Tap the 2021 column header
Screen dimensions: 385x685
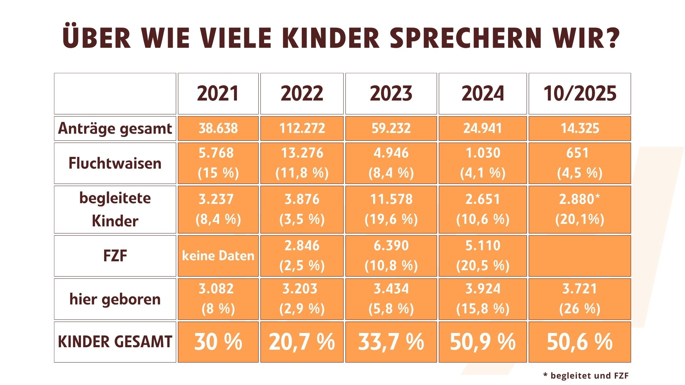pyautogui.click(x=218, y=94)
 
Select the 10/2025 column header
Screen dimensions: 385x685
pyautogui.click(x=580, y=94)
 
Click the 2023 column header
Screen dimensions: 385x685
pyautogui.click(x=391, y=94)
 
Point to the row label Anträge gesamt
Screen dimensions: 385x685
pyautogui.click(x=115, y=128)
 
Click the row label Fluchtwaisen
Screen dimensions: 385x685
pyautogui.click(x=115, y=163)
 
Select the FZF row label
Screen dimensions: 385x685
pyautogui.click(x=115, y=256)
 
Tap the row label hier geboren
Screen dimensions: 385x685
pyautogui.click(x=115, y=299)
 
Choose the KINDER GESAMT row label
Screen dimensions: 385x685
pyautogui.click(x=115, y=342)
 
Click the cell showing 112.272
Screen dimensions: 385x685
pyautogui.click(x=302, y=128)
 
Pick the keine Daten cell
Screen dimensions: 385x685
pyautogui.click(x=218, y=256)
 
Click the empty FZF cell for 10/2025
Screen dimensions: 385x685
pyautogui.click(x=580, y=256)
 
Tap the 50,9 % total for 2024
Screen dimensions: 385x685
pyautogui.click(x=483, y=342)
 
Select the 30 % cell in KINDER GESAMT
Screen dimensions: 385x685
pyautogui.click(x=218, y=342)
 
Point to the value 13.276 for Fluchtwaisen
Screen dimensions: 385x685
pyautogui.click(x=302, y=153)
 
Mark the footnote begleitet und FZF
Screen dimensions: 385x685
pyautogui.click(x=586, y=375)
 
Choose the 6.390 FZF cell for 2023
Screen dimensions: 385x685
pyautogui.click(x=391, y=246)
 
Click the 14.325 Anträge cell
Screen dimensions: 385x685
pyautogui.click(x=580, y=128)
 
